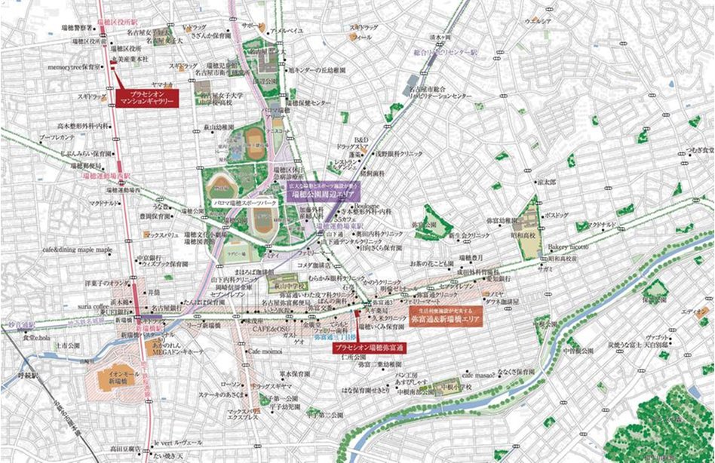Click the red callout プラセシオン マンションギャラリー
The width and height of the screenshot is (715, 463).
(x=147, y=98)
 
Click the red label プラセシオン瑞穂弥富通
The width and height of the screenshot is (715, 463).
(x=370, y=348)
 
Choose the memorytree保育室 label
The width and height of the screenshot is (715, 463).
(x=74, y=66)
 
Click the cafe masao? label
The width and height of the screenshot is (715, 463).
(x=480, y=374)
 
